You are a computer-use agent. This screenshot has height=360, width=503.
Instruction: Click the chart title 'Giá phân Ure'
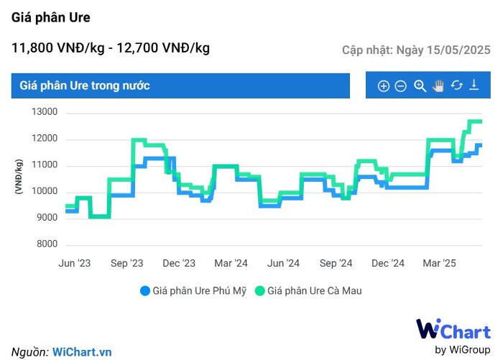point(51,17)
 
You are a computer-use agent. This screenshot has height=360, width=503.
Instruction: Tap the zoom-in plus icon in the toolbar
point(384,86)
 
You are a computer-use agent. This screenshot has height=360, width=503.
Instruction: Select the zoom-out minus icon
point(401,86)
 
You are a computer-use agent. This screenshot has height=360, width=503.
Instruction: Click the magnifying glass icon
point(420,86)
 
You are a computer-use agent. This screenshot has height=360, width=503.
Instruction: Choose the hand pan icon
point(438,86)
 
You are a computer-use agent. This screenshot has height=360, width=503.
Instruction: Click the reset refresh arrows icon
point(456,86)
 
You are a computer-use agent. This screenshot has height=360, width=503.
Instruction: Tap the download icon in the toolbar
point(474,86)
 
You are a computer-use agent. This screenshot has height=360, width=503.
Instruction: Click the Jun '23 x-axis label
point(75,264)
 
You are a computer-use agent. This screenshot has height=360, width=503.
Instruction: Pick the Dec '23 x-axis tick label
point(179,264)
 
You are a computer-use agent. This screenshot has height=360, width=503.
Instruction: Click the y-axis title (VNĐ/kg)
point(19,178)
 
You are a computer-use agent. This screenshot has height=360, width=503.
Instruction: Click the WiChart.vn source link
point(82,351)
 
